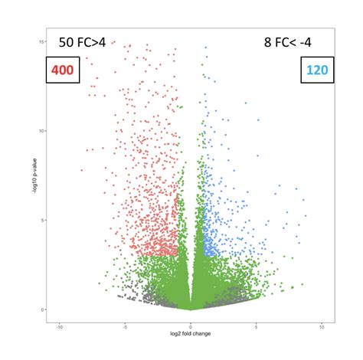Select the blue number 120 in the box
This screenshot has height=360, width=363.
click(317, 70)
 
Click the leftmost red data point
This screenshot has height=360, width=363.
click(82, 170)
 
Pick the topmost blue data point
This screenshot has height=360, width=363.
click(206, 47)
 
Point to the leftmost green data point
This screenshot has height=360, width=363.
click(100, 283)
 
